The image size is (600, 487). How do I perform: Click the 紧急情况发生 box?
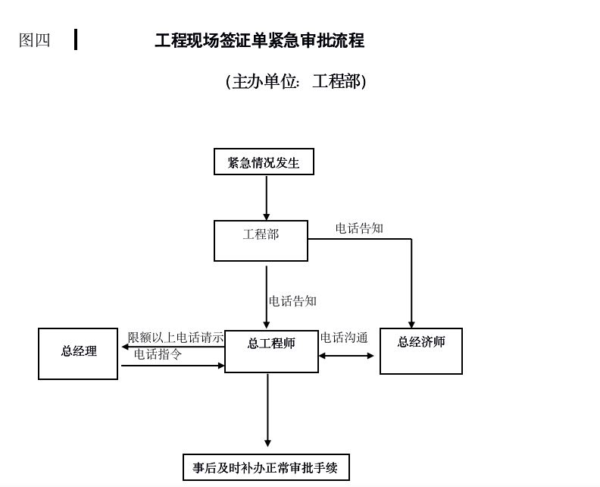point(264,162)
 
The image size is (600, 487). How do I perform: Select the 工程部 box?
point(261,240)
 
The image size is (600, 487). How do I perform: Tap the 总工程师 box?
point(271,350)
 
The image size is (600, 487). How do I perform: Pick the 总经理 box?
point(78,353)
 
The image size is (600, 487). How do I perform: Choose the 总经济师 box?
point(420,350)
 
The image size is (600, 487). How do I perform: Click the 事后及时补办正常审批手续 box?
point(266,467)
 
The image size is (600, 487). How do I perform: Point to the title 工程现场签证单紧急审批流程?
point(259,41)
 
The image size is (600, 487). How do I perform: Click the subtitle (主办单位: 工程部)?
point(295,81)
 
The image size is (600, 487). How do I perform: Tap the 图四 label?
point(35,40)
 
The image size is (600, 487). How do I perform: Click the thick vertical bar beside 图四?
point(76,39)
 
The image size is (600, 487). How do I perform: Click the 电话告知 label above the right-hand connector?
point(359,228)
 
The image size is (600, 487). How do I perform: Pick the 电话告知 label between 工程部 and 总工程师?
point(292,301)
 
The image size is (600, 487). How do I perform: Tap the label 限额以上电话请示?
point(176,338)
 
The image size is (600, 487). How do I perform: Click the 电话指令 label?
point(158,354)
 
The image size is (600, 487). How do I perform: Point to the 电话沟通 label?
point(344,338)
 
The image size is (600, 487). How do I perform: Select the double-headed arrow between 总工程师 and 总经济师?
point(346,356)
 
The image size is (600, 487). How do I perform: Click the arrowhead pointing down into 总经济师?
point(411,324)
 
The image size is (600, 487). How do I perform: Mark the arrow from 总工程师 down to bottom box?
point(267,410)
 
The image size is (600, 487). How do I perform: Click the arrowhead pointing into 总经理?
point(125,347)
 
